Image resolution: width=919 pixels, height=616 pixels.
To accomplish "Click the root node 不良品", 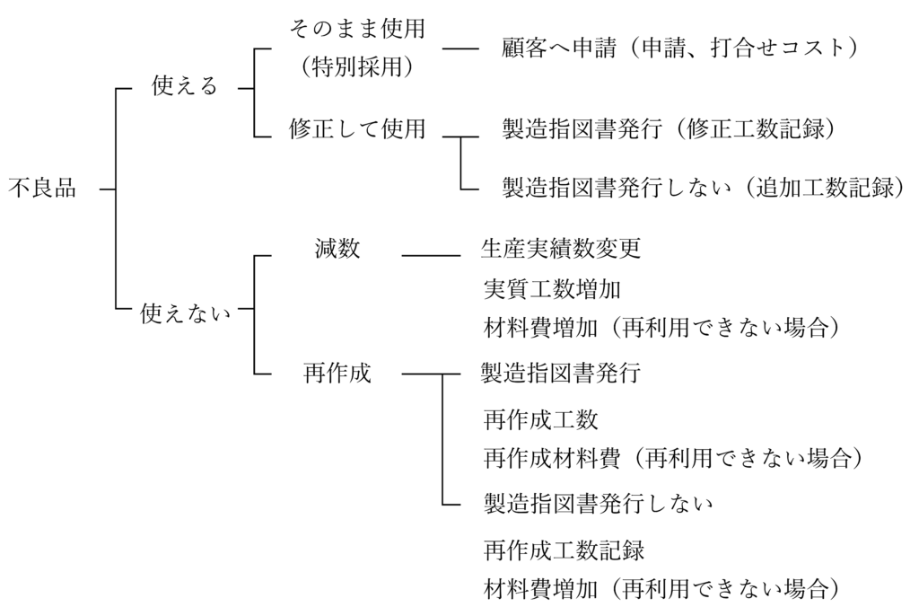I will tap(42, 189).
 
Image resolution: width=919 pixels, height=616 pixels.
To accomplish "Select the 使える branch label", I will tap(185, 87).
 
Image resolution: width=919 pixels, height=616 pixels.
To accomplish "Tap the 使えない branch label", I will tap(186, 313).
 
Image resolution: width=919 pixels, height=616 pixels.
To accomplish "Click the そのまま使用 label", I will tap(356, 29).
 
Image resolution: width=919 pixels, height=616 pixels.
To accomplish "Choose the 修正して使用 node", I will tap(356, 129).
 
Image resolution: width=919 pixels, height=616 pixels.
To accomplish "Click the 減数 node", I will tap(337, 250).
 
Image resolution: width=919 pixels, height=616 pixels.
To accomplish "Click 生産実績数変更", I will tap(562, 250).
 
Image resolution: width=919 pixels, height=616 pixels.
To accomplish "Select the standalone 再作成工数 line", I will tap(540, 419).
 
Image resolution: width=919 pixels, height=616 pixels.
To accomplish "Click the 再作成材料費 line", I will tap(672, 459).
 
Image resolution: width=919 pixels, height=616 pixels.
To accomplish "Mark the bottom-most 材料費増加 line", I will tap(661, 589).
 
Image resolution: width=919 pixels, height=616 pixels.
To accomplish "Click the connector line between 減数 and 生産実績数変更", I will tap(431, 256).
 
